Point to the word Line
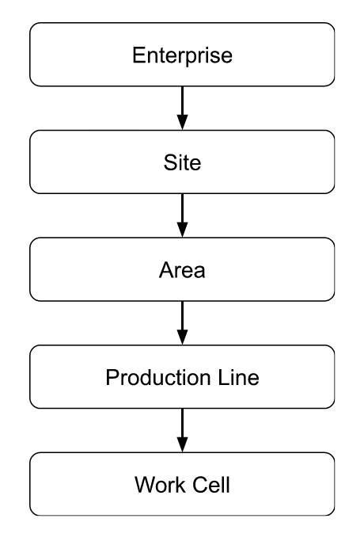pyautogui.click(x=241, y=378)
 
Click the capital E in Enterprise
pyautogui.click(x=138, y=55)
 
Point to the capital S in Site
pyautogui.click(x=167, y=163)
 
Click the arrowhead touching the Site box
pyautogui.click(x=182, y=123)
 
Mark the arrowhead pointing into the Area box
pyautogui.click(x=182, y=231)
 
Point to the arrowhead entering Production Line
pyautogui.click(x=182, y=338)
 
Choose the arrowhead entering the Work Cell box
pyautogui.click(x=182, y=445)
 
